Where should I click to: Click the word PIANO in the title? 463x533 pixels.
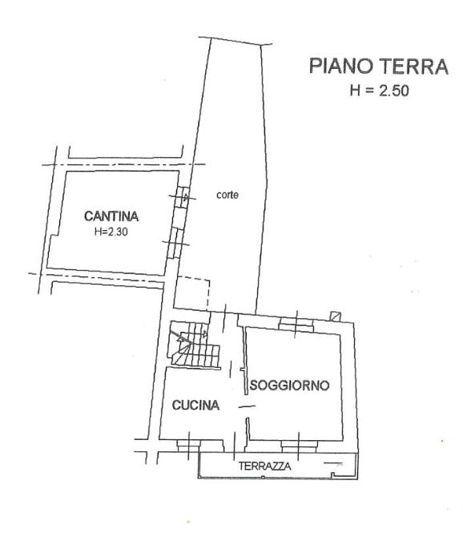tap(341, 66)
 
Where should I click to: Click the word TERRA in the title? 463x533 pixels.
tap(414, 66)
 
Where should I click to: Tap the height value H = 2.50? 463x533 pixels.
tap(379, 91)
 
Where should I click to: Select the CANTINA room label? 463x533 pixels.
tap(111, 216)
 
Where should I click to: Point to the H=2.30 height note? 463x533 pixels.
tap(111, 232)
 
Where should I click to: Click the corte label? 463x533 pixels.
tap(227, 195)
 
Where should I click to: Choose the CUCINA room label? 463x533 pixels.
tap(195, 405)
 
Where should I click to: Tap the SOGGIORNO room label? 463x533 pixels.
tap(289, 386)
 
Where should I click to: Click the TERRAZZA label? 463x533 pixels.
tap(264, 466)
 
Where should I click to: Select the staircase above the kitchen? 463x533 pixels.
tap(194, 344)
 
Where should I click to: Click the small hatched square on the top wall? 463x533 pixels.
tap(336, 316)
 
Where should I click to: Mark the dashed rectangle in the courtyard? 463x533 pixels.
tap(192, 293)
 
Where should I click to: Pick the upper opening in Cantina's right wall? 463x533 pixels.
tap(183, 197)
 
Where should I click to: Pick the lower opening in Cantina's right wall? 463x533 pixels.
tap(175, 243)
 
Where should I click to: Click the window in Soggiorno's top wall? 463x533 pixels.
tap(296, 325)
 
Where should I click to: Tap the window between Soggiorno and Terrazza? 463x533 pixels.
tap(300, 446)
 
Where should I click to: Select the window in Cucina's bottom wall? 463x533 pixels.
tap(189, 446)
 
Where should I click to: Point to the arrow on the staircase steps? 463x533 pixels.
tap(181, 337)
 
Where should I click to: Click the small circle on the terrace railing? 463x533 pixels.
tap(263, 477)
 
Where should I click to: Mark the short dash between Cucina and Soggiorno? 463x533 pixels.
tap(247, 406)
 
